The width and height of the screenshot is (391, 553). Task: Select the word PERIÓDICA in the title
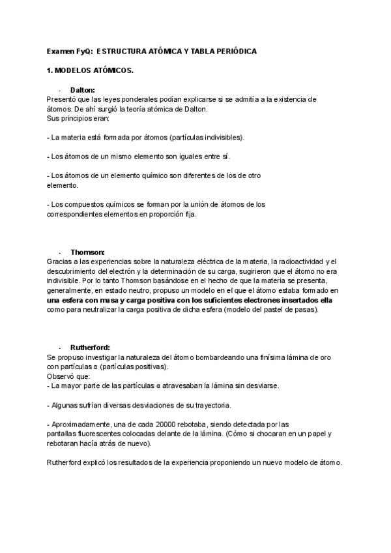click(235, 52)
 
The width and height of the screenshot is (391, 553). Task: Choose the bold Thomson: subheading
click(87, 252)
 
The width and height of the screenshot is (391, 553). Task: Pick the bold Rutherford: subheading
click(91, 348)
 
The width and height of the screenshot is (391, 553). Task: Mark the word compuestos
click(84, 204)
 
